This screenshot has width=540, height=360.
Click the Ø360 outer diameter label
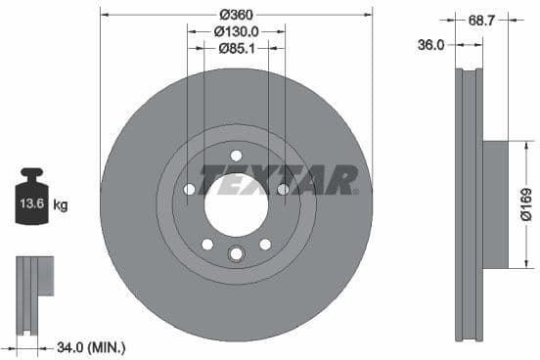[236, 15]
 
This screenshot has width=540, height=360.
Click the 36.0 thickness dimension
[430, 45]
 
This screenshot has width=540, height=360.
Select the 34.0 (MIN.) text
[91, 346]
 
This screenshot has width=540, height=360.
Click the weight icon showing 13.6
[31, 202]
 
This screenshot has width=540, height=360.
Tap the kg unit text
[61, 205]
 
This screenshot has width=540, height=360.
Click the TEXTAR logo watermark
[278, 180]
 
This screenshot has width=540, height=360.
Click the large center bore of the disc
[236, 205]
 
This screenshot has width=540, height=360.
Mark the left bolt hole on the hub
[190, 190]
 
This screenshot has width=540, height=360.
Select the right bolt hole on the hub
[282, 190]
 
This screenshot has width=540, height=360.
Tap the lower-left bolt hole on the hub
[206, 244]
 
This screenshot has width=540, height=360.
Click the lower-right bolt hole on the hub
[265, 244]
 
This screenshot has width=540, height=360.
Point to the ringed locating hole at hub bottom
[236, 255]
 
